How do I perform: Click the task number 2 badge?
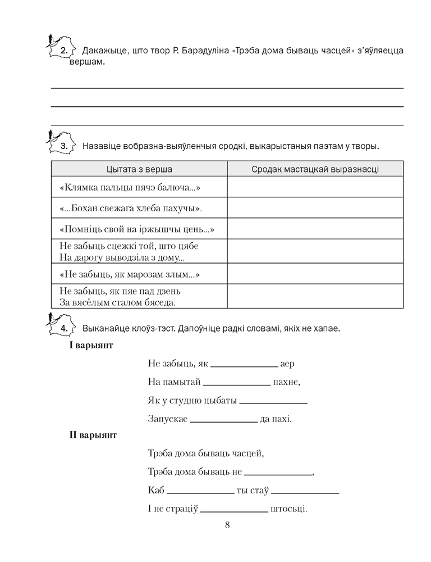[63, 51]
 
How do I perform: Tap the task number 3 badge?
[63, 147]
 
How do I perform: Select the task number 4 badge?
[64, 328]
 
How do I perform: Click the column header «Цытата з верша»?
[139, 169]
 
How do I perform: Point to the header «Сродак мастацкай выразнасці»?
[315, 169]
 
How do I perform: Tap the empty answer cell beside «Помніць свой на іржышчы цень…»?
[315, 229]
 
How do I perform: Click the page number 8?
[227, 525]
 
